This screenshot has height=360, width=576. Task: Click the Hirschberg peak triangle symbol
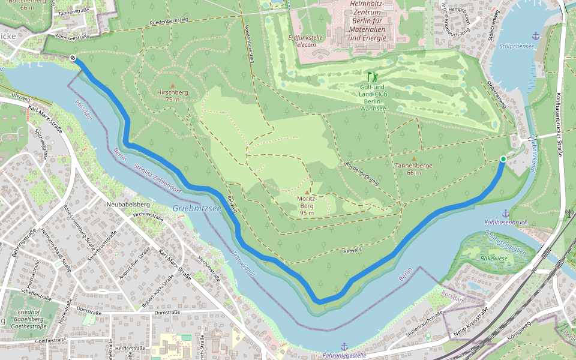pos(173,85)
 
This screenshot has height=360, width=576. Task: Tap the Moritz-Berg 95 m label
pos(307,205)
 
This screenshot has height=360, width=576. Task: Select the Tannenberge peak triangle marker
pos(413,158)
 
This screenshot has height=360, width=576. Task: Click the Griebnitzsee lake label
pos(197,208)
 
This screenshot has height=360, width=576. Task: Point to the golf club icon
pos(373,76)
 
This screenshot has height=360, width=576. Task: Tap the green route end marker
pos(503,158)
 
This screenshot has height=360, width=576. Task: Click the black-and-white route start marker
pos(73,58)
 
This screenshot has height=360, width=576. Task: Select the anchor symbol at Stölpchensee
pos(536,36)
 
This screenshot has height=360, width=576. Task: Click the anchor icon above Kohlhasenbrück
pos(505,213)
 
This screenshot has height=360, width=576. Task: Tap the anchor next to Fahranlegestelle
pos(344,346)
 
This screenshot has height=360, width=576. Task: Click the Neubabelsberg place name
pos(128,205)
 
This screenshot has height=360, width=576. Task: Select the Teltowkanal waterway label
pos(244,263)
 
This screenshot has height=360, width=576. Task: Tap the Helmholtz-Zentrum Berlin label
pos(368,21)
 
